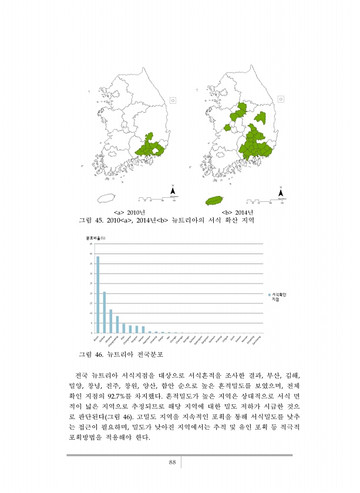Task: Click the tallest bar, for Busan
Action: point(97,294)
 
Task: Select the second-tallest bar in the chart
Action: point(105,312)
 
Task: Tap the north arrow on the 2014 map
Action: point(281,192)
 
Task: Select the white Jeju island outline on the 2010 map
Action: point(109,199)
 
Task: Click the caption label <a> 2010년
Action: point(129,211)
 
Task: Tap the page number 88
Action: point(173,462)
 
